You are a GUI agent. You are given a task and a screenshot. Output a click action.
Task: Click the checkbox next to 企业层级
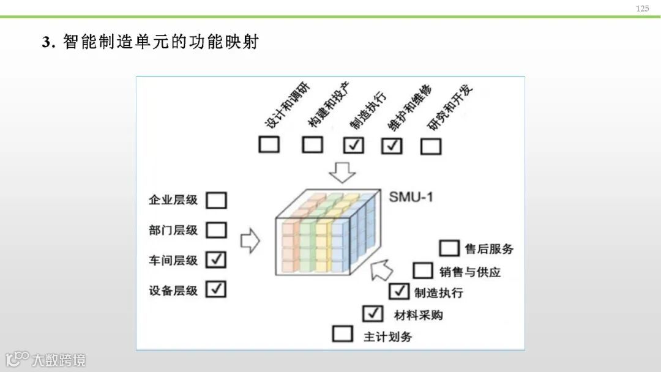[x=216, y=200]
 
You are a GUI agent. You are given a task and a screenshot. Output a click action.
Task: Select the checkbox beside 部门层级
[x=216, y=230]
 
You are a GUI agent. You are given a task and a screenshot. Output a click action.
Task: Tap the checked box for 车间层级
[x=216, y=259]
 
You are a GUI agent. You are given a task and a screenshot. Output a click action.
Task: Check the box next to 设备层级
[x=216, y=289]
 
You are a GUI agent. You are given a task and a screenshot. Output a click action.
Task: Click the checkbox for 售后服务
[x=449, y=248]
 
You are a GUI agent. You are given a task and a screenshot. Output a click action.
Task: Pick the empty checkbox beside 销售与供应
[x=423, y=270]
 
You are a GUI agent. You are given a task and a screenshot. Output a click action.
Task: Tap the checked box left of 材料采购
[x=372, y=314]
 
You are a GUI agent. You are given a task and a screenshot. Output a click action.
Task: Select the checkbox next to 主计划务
[x=343, y=334]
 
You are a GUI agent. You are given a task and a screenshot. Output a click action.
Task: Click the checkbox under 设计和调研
[x=269, y=145]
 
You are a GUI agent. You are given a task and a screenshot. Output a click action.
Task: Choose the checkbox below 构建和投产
[x=313, y=145]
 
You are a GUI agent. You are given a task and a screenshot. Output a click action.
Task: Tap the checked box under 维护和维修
[x=392, y=146]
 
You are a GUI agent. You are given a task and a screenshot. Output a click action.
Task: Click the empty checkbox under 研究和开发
[x=431, y=146]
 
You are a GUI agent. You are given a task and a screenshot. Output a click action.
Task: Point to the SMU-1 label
[x=411, y=197]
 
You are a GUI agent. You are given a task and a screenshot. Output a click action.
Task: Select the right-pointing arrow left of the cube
[x=250, y=241]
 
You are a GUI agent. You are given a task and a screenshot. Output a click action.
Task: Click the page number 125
[x=642, y=9]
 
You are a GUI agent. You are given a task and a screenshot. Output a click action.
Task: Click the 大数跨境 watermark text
[x=59, y=359]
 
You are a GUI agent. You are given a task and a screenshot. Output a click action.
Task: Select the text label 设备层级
[x=173, y=291]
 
